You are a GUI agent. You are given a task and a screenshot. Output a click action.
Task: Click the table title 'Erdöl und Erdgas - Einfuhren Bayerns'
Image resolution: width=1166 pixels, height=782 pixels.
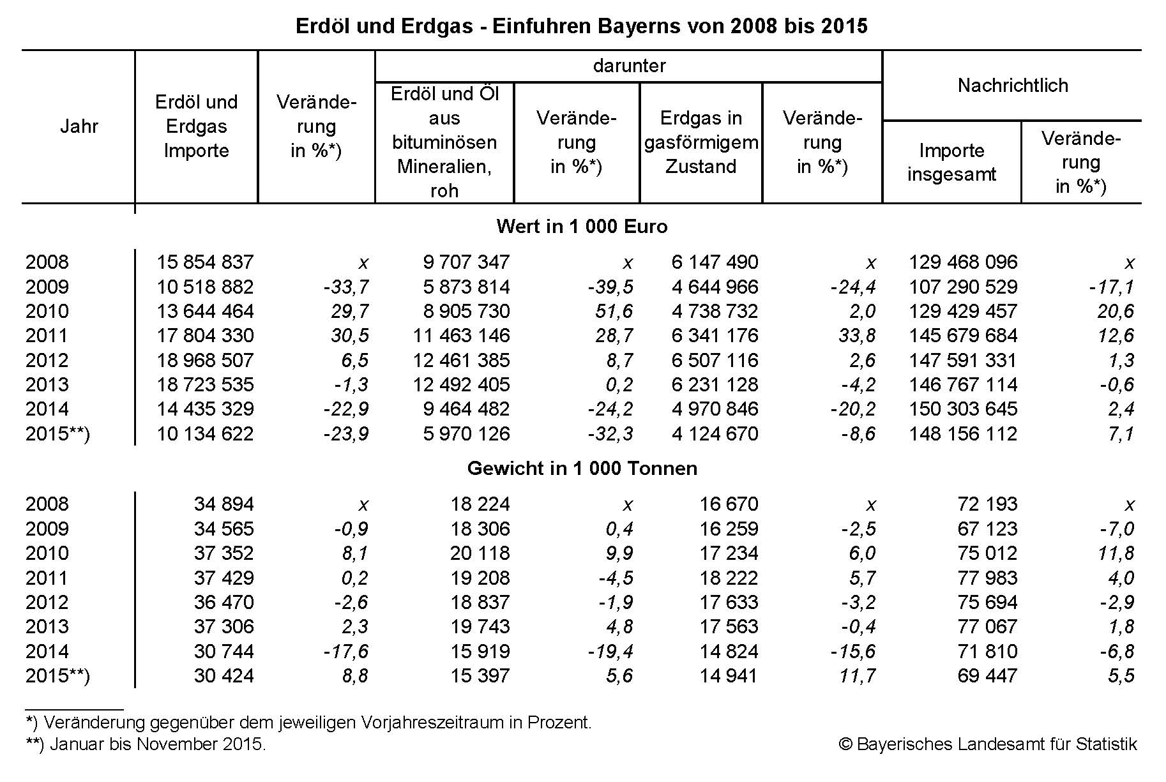pyautogui.click(x=581, y=26)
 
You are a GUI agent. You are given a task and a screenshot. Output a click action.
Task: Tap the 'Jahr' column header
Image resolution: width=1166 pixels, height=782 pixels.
pyautogui.click(x=79, y=126)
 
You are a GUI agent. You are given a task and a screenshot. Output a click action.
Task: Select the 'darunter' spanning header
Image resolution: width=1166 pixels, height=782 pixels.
pyautogui.click(x=629, y=66)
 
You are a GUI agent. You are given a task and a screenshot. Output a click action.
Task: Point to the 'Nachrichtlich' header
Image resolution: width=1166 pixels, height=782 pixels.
pyautogui.click(x=1013, y=85)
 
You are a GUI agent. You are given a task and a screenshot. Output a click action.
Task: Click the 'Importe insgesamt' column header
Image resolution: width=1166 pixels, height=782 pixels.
pyautogui.click(x=951, y=162)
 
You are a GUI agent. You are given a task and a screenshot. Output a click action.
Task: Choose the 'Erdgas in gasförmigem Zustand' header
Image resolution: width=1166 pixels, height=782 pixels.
pyautogui.click(x=701, y=142)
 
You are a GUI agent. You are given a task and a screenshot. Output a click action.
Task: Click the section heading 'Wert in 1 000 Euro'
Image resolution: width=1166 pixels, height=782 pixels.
pyautogui.click(x=582, y=226)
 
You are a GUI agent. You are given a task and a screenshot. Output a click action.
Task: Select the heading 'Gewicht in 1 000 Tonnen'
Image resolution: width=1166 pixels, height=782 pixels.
pyautogui.click(x=582, y=469)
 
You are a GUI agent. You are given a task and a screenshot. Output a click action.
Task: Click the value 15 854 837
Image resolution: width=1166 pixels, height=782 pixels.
pyautogui.click(x=205, y=262)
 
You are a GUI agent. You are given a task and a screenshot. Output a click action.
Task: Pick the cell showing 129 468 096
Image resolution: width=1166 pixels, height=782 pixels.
pyautogui.click(x=963, y=262)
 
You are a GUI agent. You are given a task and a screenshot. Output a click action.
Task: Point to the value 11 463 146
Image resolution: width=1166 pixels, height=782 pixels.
pyautogui.click(x=461, y=336)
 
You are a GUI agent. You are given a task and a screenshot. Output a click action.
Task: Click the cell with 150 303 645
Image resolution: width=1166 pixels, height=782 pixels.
pyautogui.click(x=963, y=409)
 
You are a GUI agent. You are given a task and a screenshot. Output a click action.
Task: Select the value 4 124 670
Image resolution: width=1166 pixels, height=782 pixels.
pyautogui.click(x=715, y=434)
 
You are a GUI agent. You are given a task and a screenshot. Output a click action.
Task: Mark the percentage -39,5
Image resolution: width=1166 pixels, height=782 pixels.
pyautogui.click(x=610, y=287)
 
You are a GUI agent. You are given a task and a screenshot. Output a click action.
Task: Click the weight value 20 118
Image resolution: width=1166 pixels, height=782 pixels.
pyautogui.click(x=480, y=553)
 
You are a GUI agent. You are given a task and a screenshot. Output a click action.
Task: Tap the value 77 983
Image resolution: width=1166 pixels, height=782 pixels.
pyautogui.click(x=987, y=578)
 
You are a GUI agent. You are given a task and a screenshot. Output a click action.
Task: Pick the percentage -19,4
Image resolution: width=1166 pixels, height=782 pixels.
pyautogui.click(x=610, y=652)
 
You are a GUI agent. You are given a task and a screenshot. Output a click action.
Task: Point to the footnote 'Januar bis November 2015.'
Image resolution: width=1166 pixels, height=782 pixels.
pyautogui.click(x=157, y=744)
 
